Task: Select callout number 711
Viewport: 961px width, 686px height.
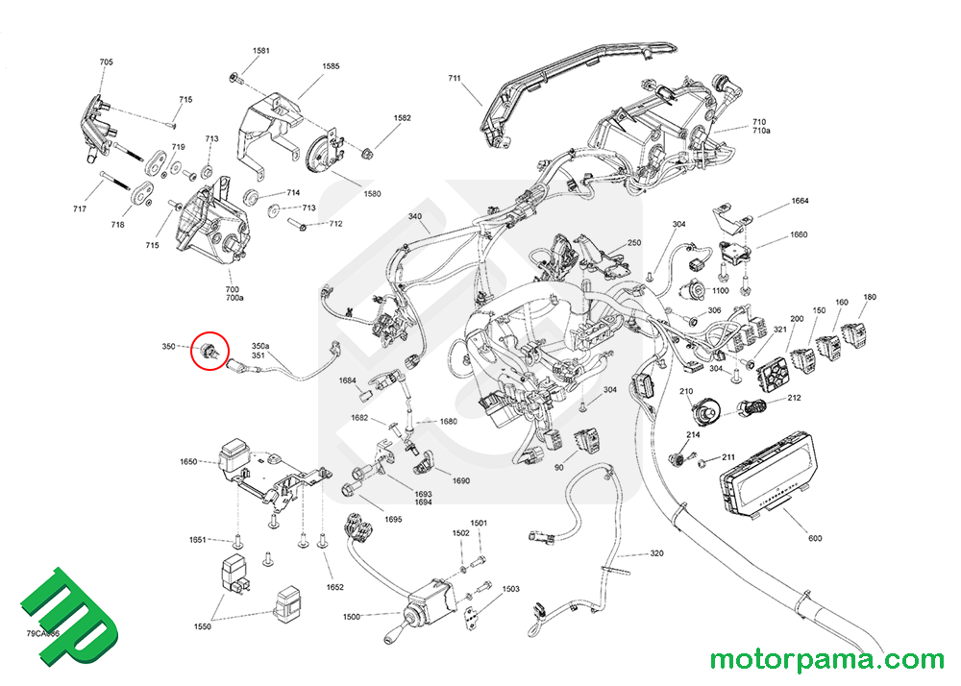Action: (455, 79)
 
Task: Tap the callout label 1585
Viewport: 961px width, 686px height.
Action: (331, 66)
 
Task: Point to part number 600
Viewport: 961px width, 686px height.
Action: (815, 538)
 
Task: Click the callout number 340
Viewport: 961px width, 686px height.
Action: (415, 216)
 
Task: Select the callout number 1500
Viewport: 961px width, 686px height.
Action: (351, 616)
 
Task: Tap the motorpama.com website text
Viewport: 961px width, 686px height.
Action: (826, 660)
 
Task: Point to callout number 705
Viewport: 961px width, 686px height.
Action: (106, 62)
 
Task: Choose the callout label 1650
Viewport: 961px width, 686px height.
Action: (188, 462)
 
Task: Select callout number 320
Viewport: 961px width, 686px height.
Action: (657, 554)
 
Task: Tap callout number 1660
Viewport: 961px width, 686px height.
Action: (799, 234)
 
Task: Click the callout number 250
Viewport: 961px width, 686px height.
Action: (634, 243)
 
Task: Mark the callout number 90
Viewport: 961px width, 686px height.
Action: (559, 467)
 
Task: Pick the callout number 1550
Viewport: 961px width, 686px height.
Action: (202, 626)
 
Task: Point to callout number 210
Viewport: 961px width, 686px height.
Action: (686, 392)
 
